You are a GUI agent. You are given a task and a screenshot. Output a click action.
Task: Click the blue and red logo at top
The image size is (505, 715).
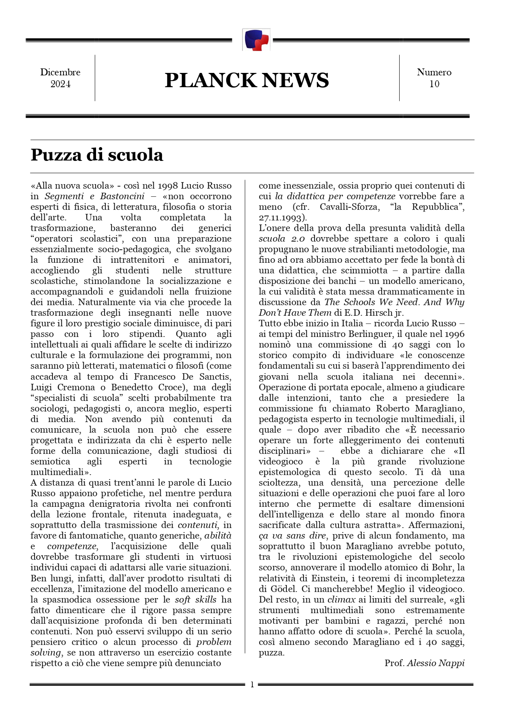click(x=256, y=40)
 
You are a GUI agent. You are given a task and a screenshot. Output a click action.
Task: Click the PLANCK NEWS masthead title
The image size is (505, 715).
click(x=247, y=80)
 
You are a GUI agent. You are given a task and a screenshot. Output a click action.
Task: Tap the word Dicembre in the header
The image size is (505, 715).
click(x=60, y=72)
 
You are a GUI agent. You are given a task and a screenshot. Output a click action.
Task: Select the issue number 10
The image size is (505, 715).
click(x=434, y=84)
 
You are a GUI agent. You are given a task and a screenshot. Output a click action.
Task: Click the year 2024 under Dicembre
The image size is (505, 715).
click(x=60, y=84)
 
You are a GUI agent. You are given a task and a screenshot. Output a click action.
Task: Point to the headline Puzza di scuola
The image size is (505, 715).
click(x=97, y=155)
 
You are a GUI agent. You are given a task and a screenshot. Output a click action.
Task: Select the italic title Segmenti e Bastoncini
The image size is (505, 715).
click(x=94, y=196)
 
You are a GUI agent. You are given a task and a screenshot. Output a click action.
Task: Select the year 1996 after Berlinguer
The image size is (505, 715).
click(x=455, y=334)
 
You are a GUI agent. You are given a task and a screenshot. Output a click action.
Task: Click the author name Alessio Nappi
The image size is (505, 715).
click(x=435, y=663)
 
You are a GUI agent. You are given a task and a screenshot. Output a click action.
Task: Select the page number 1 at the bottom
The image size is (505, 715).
click(x=252, y=684)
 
